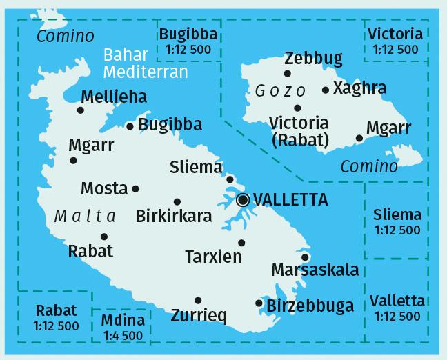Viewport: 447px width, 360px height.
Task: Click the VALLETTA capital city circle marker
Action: click(x=243, y=200)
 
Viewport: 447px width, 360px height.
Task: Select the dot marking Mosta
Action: click(x=135, y=188)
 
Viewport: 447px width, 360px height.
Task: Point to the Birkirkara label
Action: click(x=174, y=216)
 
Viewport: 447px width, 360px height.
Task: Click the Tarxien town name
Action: click(x=214, y=257)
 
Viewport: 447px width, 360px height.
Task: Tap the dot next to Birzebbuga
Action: click(x=259, y=303)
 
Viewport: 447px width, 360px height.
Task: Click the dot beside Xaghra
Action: click(x=326, y=90)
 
